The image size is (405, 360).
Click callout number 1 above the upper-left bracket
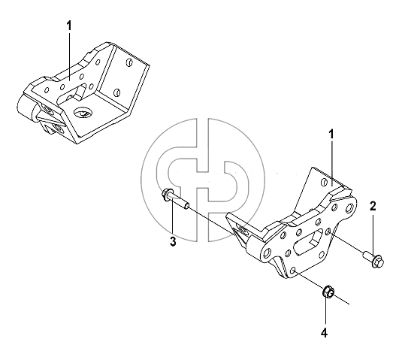coord(69,26)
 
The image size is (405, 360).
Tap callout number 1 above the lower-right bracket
coord(331,135)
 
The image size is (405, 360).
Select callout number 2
coord(373,206)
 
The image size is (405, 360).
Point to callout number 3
coord(173,242)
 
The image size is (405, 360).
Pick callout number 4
coord(324,333)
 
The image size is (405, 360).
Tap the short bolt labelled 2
coord(373,260)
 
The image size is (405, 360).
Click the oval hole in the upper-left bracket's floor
coord(83,112)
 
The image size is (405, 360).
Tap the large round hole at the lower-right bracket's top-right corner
coord(349,207)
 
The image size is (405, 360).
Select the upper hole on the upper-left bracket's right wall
coord(129,62)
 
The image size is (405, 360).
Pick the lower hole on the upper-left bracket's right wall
coord(117,92)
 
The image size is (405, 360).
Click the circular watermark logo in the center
coord(203,180)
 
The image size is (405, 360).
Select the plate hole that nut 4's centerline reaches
coord(293,271)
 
